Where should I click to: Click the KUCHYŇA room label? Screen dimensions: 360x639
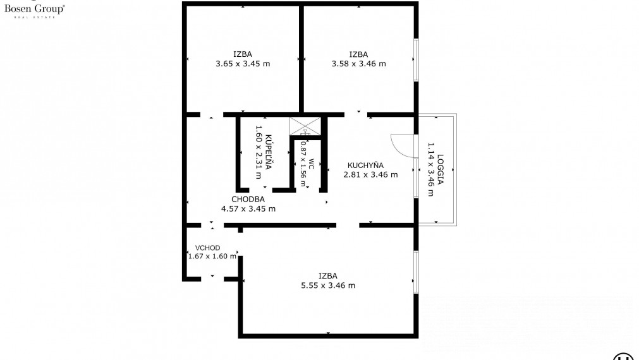tap(365, 165)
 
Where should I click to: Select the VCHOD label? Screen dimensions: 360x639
tap(207, 248)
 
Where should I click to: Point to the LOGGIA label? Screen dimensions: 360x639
tap(441, 169)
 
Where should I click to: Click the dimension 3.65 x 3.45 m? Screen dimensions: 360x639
tap(243, 64)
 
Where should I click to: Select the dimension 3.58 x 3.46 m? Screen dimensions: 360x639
tap(358, 64)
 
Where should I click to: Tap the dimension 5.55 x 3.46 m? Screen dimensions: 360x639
tap(328, 285)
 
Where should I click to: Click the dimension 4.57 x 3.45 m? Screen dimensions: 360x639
tap(248, 208)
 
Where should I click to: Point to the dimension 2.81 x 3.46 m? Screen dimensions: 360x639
tap(370, 175)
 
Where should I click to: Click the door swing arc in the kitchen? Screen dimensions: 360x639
tap(399, 145)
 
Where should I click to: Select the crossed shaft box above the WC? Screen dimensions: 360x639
tap(305, 126)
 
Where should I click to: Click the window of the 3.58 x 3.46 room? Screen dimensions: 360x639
tap(416, 60)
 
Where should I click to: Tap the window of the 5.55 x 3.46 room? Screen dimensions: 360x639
tap(416, 272)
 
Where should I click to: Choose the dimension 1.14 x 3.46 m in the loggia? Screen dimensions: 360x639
tap(431, 169)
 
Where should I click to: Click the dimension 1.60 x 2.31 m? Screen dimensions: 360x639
tap(258, 152)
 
